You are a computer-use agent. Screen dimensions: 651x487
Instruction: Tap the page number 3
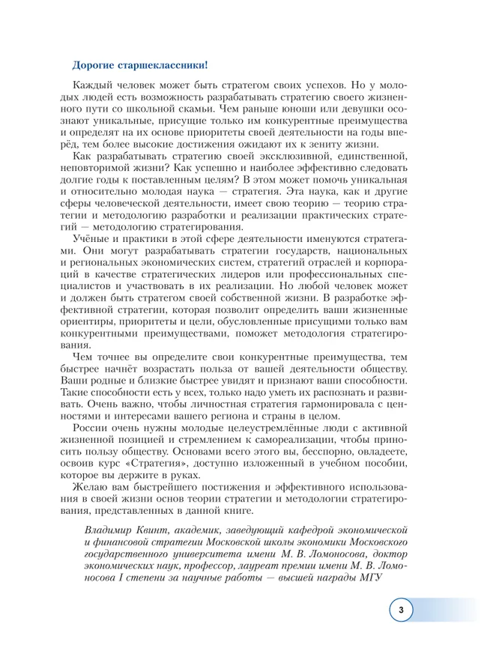(x=401, y=611)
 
